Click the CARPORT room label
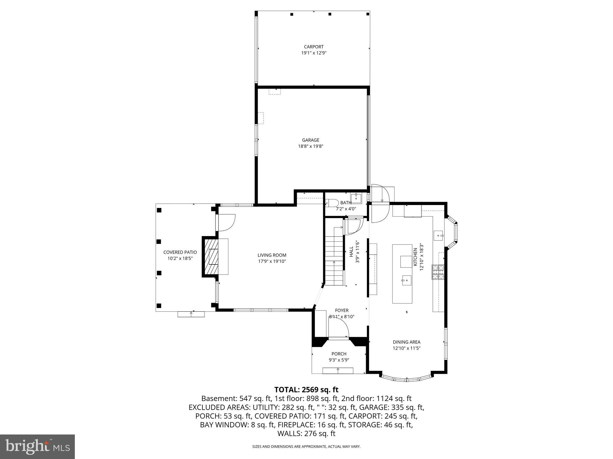coord(314,47)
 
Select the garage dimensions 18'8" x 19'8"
coord(311,146)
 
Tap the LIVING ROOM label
coord(272,255)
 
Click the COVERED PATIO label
coord(180,252)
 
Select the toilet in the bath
coord(331,203)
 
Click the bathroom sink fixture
coord(356,198)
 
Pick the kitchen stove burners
coord(438,272)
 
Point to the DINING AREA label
coord(406,342)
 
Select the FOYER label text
coord(342,310)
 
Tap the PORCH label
coord(339,354)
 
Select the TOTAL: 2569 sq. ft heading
coord(306,390)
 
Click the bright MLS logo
coord(37,447)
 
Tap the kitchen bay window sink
coord(439,235)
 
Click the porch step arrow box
coord(338,371)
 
